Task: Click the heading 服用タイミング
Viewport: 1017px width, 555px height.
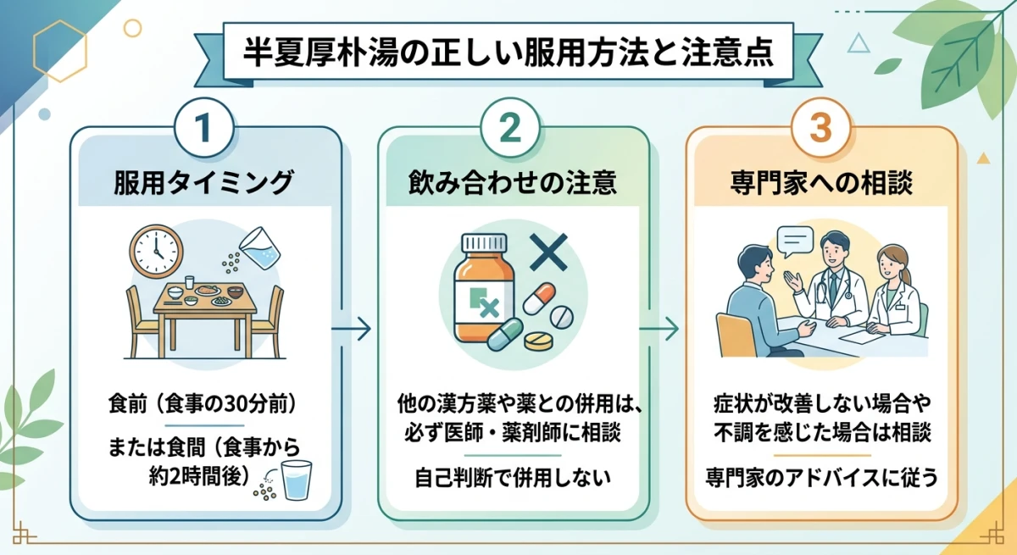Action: [203, 182]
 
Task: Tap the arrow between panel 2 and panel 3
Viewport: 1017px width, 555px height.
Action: [666, 328]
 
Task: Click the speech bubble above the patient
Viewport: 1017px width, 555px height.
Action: [795, 243]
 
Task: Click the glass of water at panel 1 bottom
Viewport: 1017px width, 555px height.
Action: [296, 482]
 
